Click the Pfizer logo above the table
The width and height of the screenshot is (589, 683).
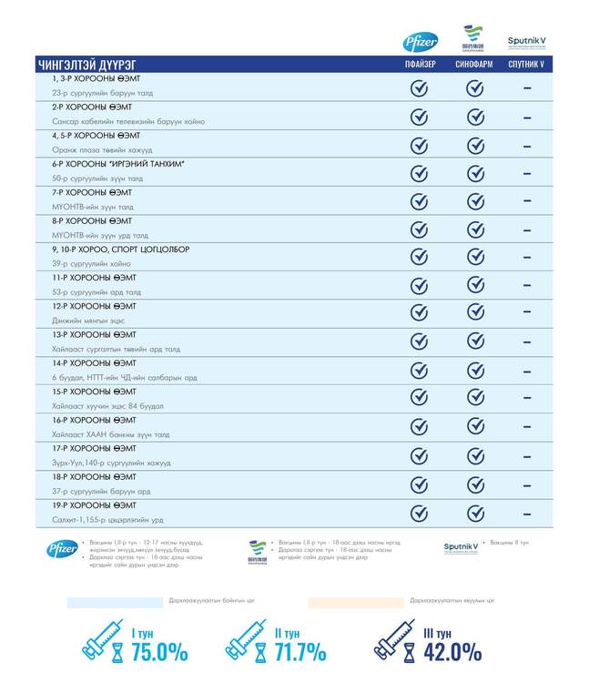420,42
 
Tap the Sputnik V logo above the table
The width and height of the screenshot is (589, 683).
526,42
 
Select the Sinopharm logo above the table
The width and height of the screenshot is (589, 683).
473,39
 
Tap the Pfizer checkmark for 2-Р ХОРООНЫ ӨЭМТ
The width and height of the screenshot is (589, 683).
420,117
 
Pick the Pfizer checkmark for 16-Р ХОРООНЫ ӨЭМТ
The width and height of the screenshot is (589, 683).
420,427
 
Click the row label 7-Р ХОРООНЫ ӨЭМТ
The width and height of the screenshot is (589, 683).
92,193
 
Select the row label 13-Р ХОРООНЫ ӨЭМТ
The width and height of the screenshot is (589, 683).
95,334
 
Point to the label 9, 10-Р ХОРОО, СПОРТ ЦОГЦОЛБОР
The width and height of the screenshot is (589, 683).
120,250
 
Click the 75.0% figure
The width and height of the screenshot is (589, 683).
159,652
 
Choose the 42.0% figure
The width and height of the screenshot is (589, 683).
452,652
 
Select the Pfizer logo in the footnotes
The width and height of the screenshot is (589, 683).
62,548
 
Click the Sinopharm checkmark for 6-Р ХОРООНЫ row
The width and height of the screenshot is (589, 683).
474,173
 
